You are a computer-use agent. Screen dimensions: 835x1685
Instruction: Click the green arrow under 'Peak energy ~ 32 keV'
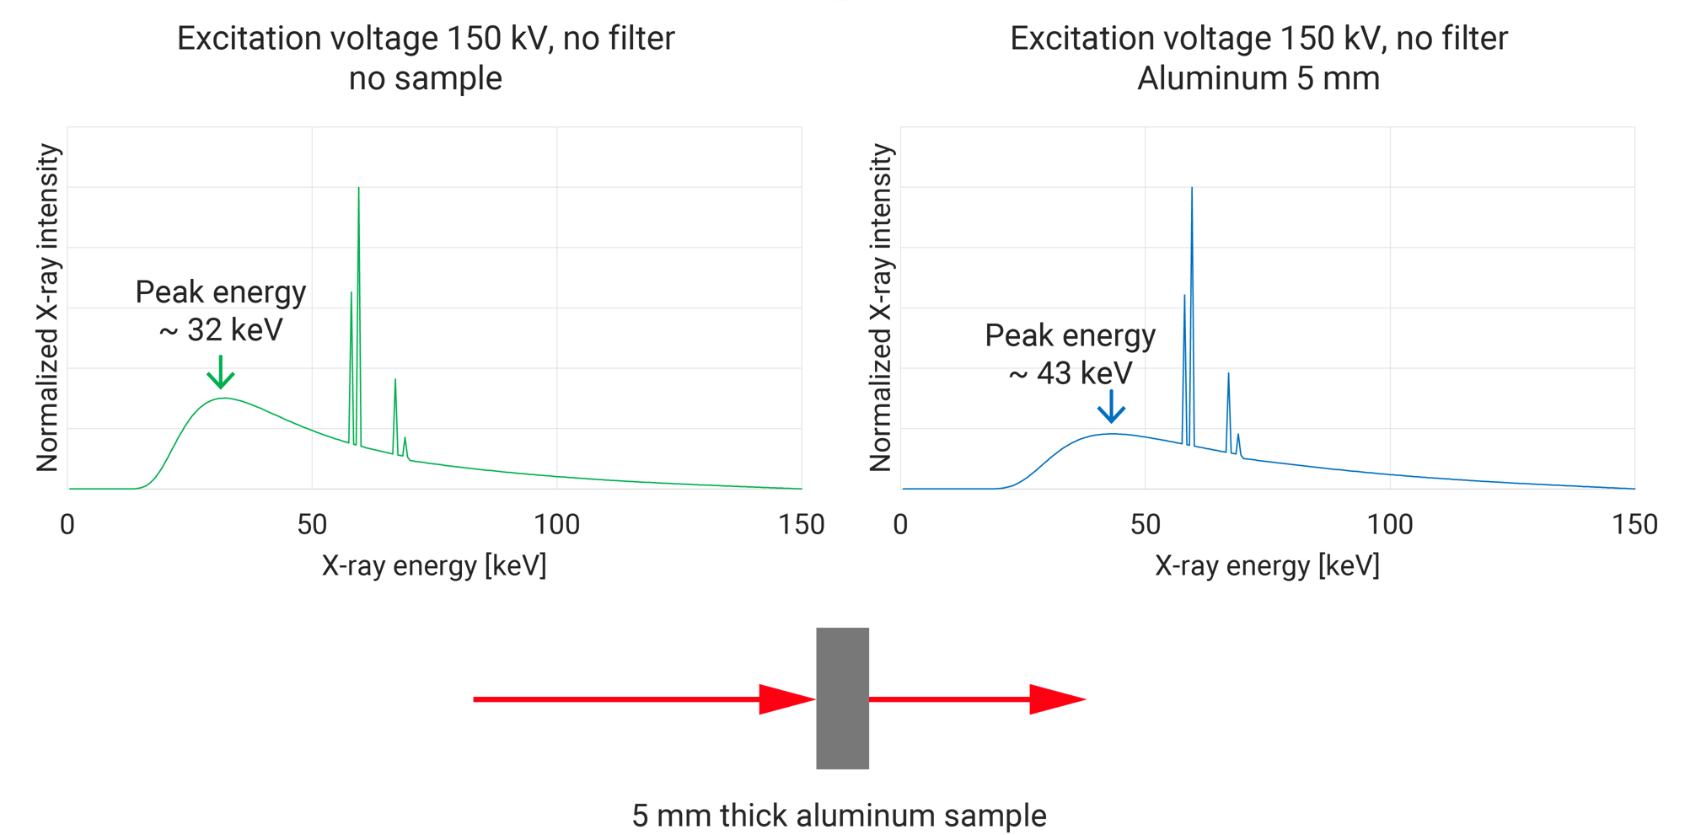pos(221,372)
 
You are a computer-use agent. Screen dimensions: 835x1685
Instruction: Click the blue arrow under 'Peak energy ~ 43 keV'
pos(1111,407)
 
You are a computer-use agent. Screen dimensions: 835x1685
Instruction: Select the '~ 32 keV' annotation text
pos(221,330)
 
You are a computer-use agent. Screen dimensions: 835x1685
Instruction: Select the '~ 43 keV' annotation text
pos(1071,373)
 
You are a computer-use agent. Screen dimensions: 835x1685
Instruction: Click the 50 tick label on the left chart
pos(312,525)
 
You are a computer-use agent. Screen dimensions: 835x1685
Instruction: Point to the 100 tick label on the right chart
pos(1390,525)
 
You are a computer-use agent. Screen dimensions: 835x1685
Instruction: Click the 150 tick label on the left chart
pos(801,525)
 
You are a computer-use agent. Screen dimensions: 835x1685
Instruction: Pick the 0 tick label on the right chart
pos(900,525)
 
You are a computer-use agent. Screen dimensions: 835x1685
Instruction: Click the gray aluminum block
pos(842,698)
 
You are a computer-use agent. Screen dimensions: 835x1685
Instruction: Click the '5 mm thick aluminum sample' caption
pos(839,815)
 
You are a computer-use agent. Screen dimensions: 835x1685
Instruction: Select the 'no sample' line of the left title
pos(426,78)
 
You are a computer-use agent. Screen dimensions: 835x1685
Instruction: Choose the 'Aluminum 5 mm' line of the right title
pos(1258,78)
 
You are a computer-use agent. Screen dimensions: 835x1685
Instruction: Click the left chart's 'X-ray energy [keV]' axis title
pos(434,565)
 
